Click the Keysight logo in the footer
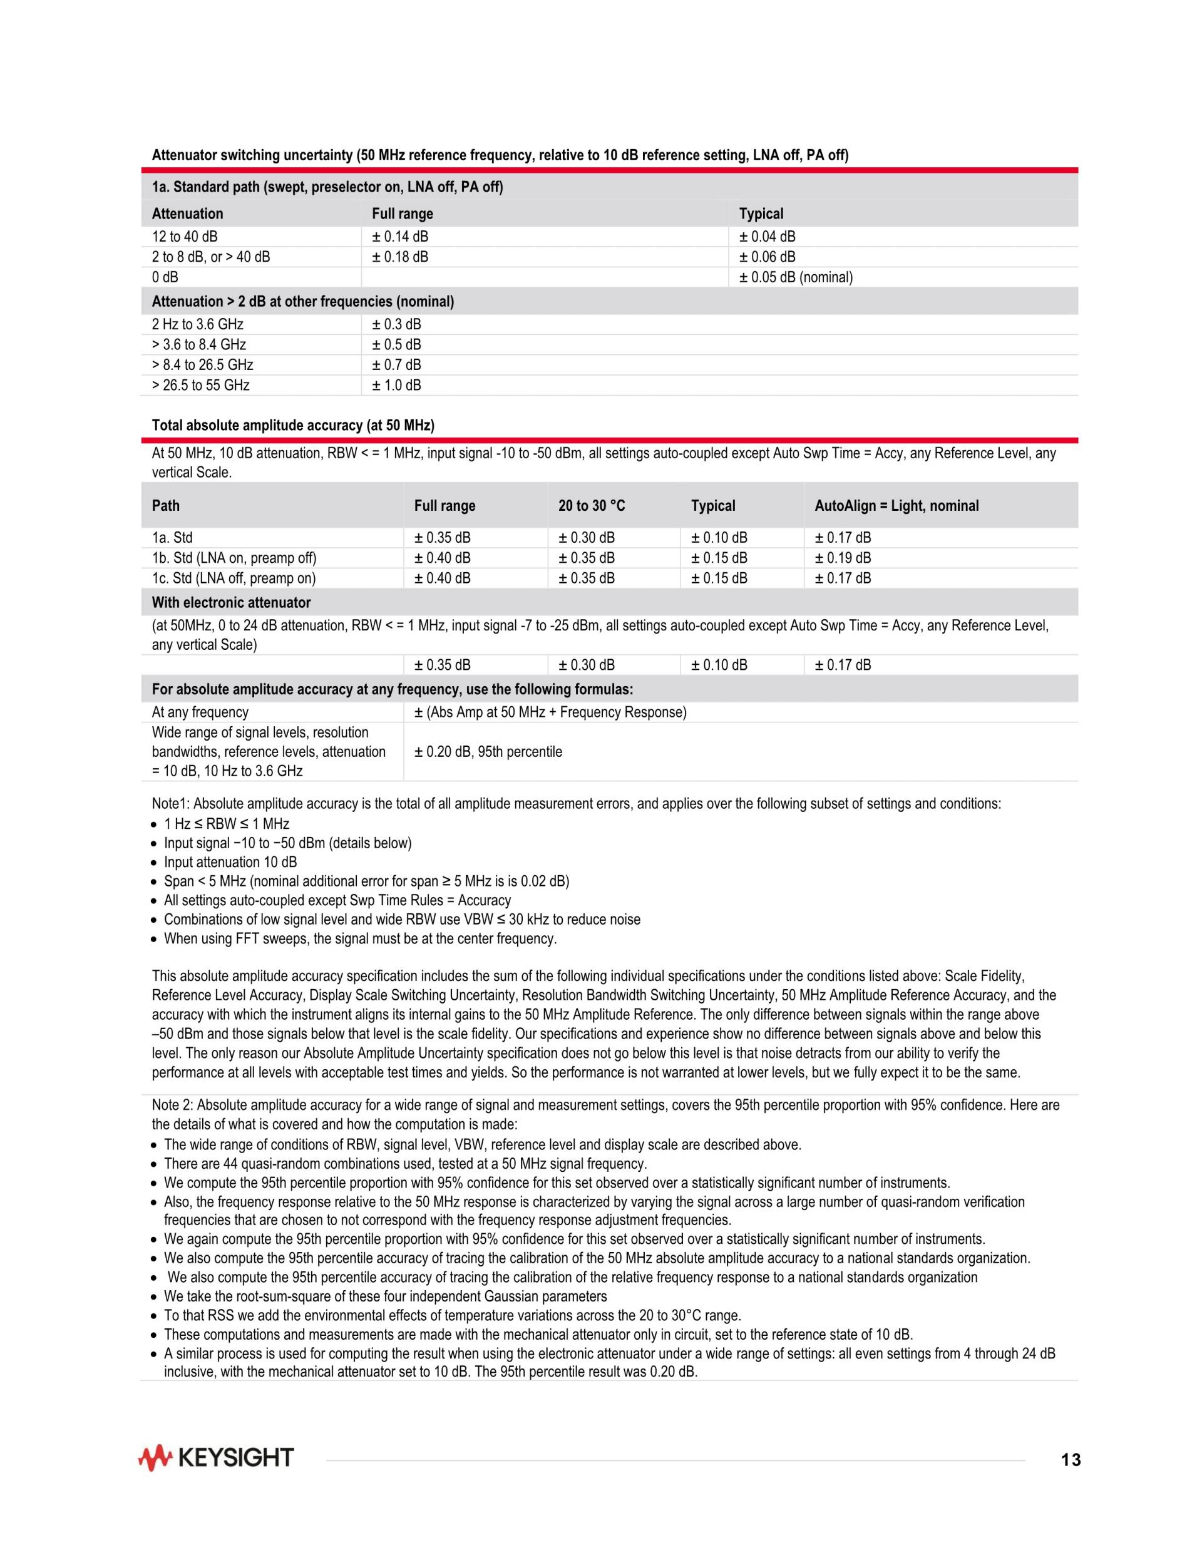click(216, 1458)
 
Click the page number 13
click(1071, 1460)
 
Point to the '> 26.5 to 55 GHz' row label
click(201, 385)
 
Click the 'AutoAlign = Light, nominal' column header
click(896, 506)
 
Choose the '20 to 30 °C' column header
click(591, 506)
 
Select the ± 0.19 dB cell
click(843, 558)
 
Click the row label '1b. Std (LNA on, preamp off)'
click(234, 558)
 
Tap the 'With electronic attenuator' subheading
click(232, 602)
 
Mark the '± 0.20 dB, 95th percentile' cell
click(488, 752)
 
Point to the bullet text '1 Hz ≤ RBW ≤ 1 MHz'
click(227, 824)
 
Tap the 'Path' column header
click(166, 506)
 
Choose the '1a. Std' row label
click(172, 538)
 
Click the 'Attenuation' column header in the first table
click(187, 213)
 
